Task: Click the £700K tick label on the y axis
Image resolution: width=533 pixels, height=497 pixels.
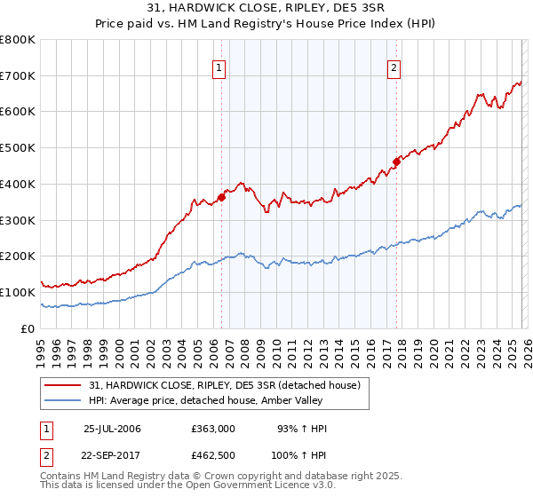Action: click(x=18, y=75)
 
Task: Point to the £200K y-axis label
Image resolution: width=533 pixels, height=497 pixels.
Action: click(x=18, y=256)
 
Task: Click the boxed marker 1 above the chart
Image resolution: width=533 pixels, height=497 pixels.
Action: click(x=219, y=66)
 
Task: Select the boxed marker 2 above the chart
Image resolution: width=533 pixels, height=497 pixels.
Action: click(x=393, y=66)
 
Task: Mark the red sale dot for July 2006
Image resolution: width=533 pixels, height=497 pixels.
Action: click(x=221, y=197)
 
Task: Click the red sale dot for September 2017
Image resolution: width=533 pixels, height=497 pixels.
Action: click(x=396, y=162)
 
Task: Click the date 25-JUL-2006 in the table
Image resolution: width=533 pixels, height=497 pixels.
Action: click(x=112, y=429)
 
